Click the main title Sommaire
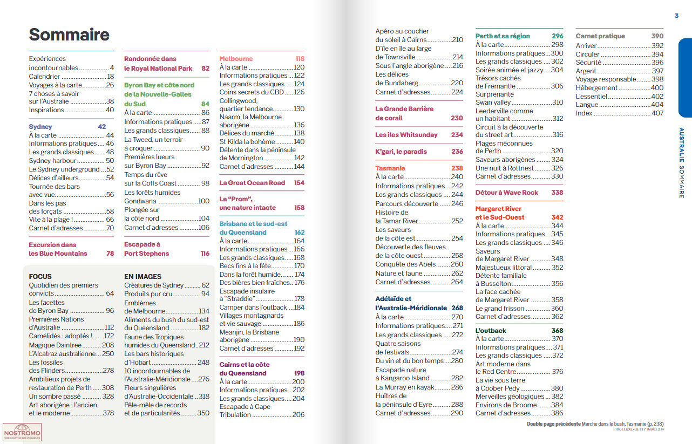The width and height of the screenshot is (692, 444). coord(69,35)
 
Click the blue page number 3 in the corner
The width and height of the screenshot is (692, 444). coord(676,16)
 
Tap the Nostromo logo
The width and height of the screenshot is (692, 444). coord(22,432)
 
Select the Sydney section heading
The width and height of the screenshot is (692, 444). coord(40,127)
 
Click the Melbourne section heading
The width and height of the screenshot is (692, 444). coord(236,59)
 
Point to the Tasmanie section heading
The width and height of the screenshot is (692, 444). coord(390,168)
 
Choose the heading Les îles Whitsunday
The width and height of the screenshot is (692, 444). coord(406,135)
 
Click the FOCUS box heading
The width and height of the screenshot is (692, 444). coord(40,276)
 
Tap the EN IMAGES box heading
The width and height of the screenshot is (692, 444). coord(143,276)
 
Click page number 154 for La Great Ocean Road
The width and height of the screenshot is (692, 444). coord(299,183)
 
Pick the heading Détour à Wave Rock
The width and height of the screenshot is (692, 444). coord(507,193)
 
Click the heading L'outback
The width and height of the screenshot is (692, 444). coord(491,330)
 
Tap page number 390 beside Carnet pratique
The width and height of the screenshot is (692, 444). coord(657,36)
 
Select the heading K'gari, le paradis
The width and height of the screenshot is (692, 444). coord(401,152)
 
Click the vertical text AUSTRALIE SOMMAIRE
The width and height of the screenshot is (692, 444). coord(682,163)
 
